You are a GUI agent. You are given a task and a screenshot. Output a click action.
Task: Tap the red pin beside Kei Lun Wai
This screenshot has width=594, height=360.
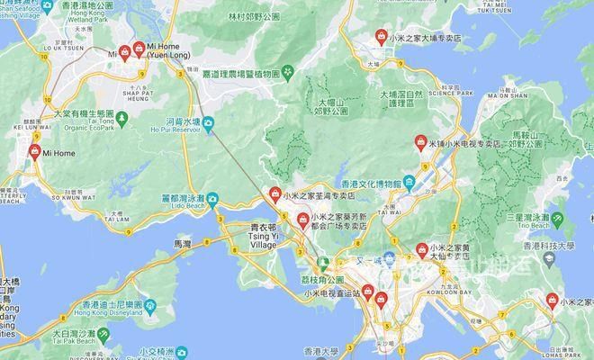click(35, 152)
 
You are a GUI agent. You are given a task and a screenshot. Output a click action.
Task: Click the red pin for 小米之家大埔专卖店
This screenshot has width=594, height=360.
click(382, 38)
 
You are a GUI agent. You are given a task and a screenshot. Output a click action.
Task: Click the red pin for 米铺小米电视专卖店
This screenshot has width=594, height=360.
click(419, 142)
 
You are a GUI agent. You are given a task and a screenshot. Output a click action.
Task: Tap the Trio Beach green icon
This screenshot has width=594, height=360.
click(558, 219)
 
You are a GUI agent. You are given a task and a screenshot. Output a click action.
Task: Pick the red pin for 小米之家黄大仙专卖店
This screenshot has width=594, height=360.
click(421, 250)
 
